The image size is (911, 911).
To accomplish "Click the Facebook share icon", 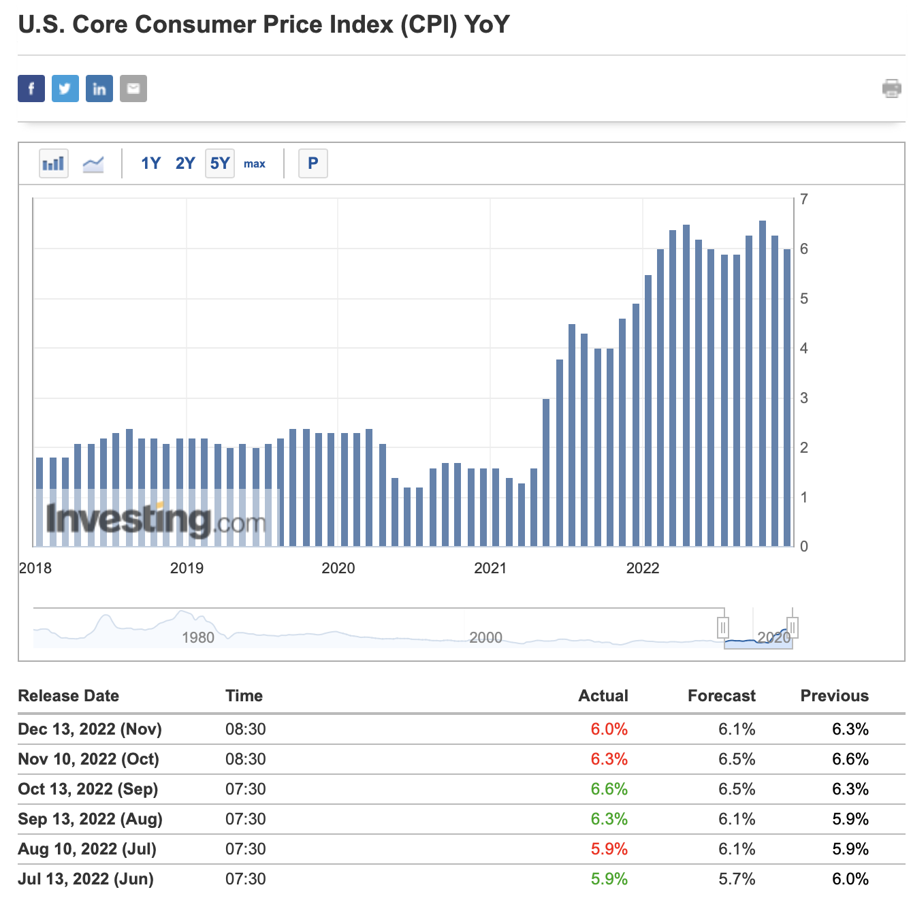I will pyautogui.click(x=31, y=89).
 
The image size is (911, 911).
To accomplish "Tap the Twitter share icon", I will pyautogui.click(x=65, y=89).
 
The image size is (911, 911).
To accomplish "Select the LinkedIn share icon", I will pyautogui.click(x=99, y=89).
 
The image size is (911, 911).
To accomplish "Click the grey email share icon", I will pyautogui.click(x=133, y=89).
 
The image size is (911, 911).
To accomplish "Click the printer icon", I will pyautogui.click(x=891, y=89).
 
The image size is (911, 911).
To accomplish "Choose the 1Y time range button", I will pyautogui.click(x=150, y=163).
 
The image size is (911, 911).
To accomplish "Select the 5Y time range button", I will pyautogui.click(x=220, y=163).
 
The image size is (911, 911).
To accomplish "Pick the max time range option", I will pyautogui.click(x=255, y=164).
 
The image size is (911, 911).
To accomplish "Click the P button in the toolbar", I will pyautogui.click(x=313, y=163).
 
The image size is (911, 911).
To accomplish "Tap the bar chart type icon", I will pyautogui.click(x=54, y=163).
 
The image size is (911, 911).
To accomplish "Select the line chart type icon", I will pyautogui.click(x=93, y=163).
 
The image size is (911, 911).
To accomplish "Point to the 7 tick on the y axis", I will pyautogui.click(x=804, y=199).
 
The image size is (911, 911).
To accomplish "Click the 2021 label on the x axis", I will pyautogui.click(x=490, y=569).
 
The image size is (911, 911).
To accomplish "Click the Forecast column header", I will pyautogui.click(x=721, y=696).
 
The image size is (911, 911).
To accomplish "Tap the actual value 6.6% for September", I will pyautogui.click(x=609, y=789).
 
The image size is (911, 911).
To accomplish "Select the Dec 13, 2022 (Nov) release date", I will pyautogui.click(x=90, y=729).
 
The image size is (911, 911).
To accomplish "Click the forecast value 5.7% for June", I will pyautogui.click(x=737, y=879).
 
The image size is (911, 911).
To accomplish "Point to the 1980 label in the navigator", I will pyautogui.click(x=198, y=638).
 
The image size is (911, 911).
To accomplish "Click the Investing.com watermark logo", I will pyautogui.click(x=157, y=520).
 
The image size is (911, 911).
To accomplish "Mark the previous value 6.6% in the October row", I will pyautogui.click(x=850, y=759).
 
